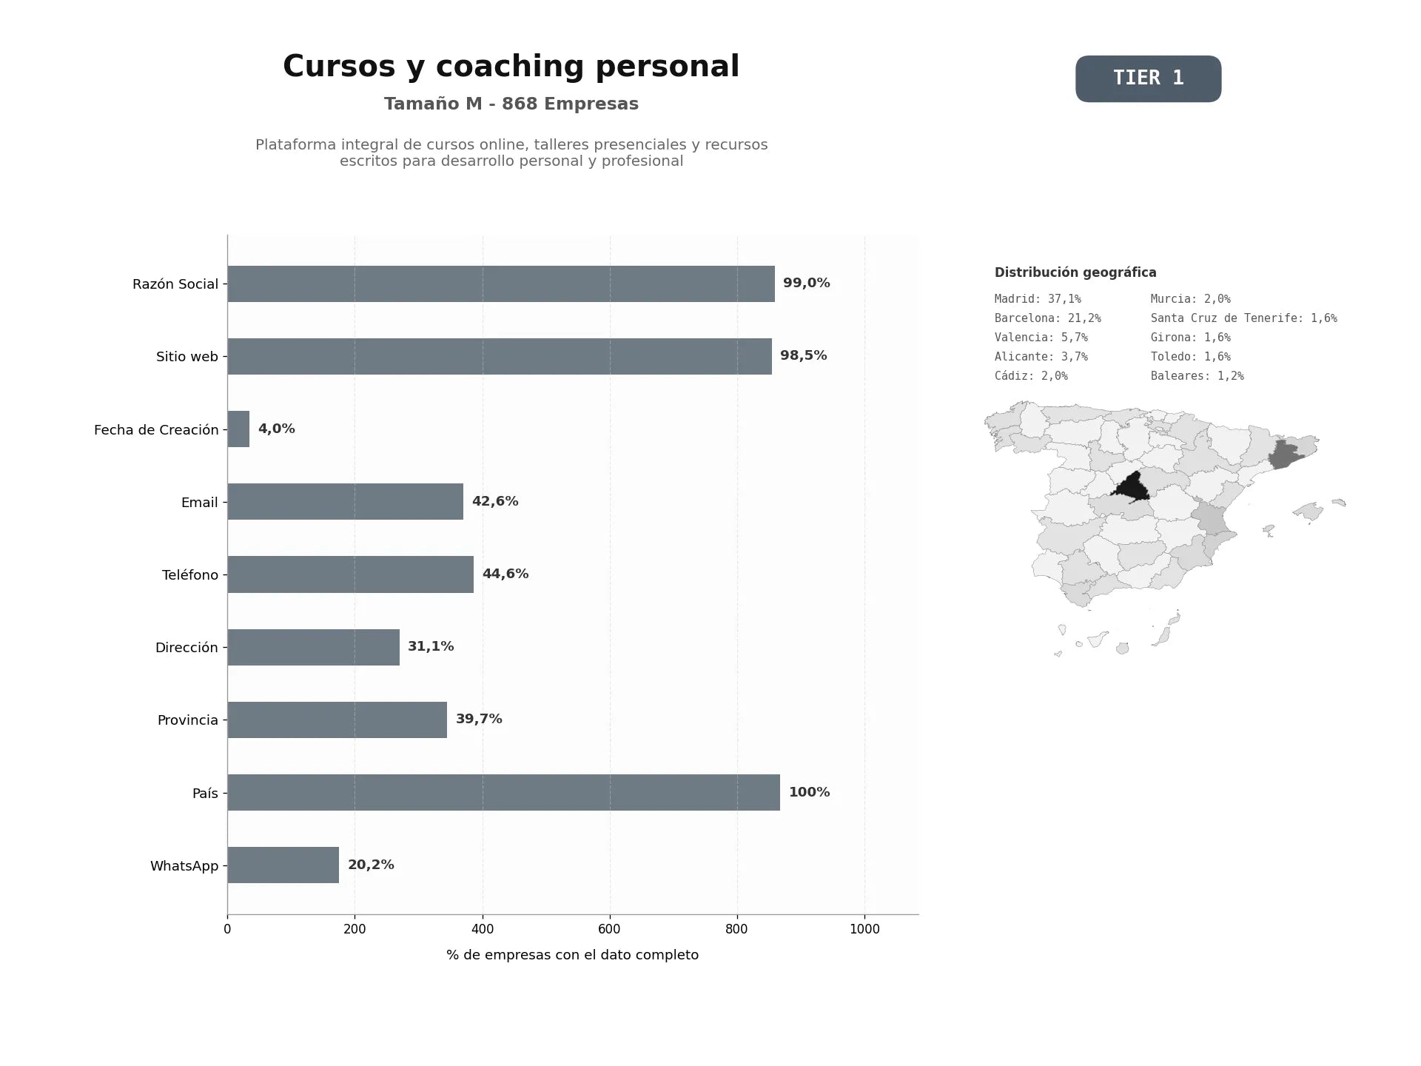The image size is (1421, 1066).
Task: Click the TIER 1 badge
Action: tap(1148, 78)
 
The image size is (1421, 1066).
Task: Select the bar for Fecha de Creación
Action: tap(238, 429)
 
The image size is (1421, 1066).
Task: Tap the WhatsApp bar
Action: tap(283, 865)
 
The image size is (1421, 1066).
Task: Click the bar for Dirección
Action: tap(314, 647)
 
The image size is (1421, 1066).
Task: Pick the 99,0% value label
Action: tap(807, 283)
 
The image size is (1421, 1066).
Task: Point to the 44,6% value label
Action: tap(505, 574)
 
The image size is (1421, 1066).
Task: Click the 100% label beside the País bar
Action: tap(809, 792)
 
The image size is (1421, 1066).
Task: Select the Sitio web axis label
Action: tap(187, 357)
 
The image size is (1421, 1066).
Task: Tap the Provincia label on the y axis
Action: tap(188, 720)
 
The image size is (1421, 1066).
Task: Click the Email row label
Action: tap(200, 503)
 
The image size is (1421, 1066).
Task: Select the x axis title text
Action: tap(572, 955)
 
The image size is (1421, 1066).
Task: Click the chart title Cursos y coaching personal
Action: tap(511, 66)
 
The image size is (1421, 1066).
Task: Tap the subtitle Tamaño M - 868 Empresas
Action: tap(511, 104)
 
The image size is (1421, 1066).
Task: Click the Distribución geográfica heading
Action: tap(1075, 272)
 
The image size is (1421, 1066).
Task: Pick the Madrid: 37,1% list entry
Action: tap(1038, 299)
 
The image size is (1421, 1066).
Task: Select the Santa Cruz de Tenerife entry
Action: tap(1243, 318)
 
